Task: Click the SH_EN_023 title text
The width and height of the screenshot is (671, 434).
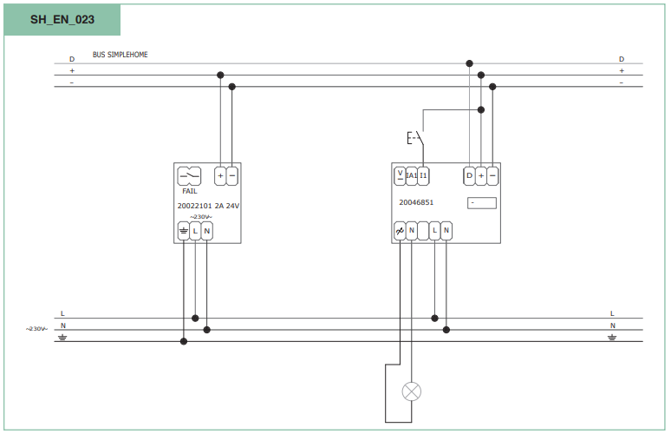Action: point(62,20)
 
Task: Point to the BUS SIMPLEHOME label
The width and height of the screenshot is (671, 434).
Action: point(121,55)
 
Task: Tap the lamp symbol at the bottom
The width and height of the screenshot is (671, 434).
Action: point(411,391)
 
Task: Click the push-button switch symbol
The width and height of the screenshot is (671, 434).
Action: point(415,138)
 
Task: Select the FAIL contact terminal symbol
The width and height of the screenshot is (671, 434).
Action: point(189,176)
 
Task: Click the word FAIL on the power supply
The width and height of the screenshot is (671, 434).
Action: point(190,191)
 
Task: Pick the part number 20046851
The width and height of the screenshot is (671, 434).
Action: point(416,202)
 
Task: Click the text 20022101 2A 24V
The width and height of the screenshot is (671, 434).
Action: point(208,206)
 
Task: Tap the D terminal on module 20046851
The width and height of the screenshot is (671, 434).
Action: point(470,175)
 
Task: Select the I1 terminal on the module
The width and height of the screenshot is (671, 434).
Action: point(423,175)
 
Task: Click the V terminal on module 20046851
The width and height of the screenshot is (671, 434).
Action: point(400,175)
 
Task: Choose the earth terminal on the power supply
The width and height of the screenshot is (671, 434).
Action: point(184,231)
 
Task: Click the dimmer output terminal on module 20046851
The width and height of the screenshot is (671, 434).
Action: point(400,231)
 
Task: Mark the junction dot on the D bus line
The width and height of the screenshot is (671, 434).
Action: point(470,63)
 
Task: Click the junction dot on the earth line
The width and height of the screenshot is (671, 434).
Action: point(184,341)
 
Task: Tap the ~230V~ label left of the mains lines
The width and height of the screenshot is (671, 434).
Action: point(36,329)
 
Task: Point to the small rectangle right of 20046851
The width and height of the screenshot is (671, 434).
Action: point(482,203)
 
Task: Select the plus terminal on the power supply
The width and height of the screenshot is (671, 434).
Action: point(220,176)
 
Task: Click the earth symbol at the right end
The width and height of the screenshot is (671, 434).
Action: point(612,338)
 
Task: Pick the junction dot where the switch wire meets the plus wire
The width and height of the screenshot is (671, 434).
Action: point(481,109)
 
